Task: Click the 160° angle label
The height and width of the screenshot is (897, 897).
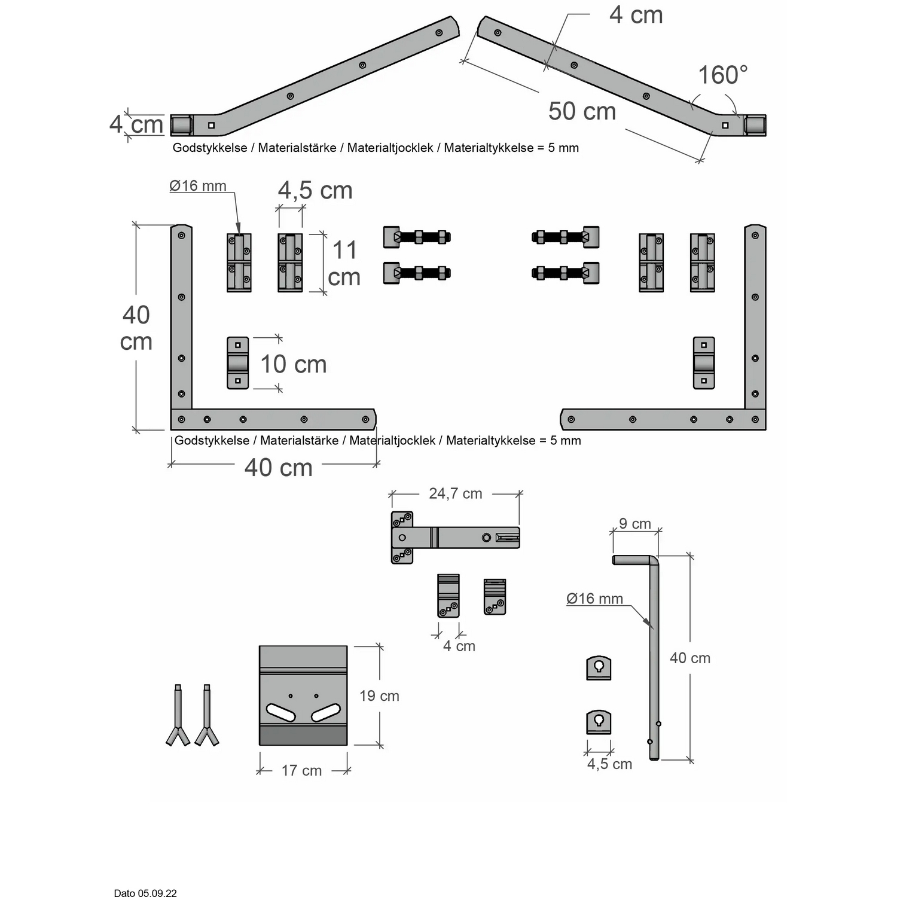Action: pyautogui.click(x=723, y=75)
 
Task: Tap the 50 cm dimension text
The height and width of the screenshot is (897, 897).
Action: pyautogui.click(x=582, y=111)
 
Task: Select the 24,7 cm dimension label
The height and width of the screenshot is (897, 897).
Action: pyautogui.click(x=455, y=493)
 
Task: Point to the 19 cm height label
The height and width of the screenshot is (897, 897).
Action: pyautogui.click(x=379, y=695)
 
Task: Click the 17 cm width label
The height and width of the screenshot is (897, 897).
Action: pyautogui.click(x=301, y=770)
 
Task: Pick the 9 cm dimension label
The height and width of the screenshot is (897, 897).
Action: pyautogui.click(x=634, y=523)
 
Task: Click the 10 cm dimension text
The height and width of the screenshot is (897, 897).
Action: pyautogui.click(x=293, y=364)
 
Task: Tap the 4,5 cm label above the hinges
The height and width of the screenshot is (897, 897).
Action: pyautogui.click(x=315, y=190)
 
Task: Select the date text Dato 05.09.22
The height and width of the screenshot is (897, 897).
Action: pyautogui.click(x=145, y=893)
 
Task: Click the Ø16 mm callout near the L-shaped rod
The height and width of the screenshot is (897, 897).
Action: pyautogui.click(x=594, y=599)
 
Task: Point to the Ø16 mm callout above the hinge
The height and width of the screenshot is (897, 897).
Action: pyautogui.click(x=198, y=186)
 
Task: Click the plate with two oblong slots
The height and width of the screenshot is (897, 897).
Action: pyautogui.click(x=303, y=695)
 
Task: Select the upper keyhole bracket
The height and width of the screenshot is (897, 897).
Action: pyautogui.click(x=599, y=667)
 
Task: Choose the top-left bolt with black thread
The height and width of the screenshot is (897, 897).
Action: pyautogui.click(x=417, y=237)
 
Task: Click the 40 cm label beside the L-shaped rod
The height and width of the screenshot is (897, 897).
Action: pyautogui.click(x=689, y=658)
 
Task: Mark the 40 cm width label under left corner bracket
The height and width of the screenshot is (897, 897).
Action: pyautogui.click(x=278, y=467)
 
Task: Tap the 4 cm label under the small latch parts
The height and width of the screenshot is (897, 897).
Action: pyautogui.click(x=459, y=646)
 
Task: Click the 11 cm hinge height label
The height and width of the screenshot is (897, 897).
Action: pyautogui.click(x=344, y=264)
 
